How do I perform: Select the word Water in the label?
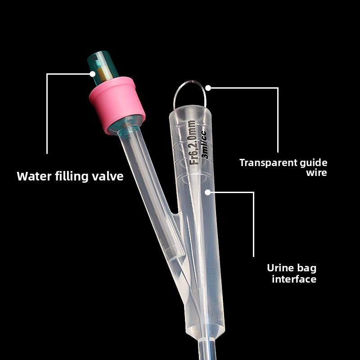pos(34,176)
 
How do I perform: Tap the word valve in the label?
pos(108,176)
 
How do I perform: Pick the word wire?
pos(317,173)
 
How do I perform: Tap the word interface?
pos(294,279)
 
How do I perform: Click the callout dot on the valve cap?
pos(93,73)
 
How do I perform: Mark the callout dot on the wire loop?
pos(208,88)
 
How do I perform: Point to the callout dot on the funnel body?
pos(207,192)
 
